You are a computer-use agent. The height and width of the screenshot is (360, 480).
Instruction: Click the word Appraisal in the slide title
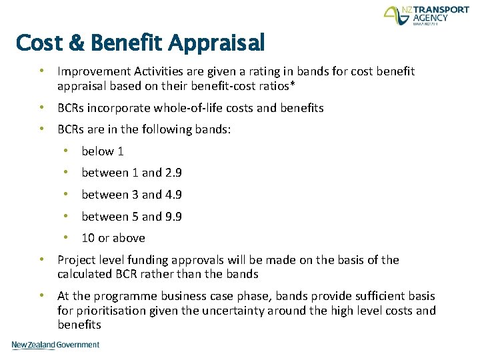click(216, 43)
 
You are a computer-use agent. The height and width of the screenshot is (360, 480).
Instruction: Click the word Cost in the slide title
click(41, 43)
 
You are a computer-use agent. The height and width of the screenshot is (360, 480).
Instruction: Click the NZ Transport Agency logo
click(426, 17)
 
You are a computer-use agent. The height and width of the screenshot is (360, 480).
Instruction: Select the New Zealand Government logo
click(55, 345)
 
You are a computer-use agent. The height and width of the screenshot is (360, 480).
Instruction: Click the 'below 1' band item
click(103, 151)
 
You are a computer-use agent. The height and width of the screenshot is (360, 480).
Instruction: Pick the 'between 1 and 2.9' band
click(131, 173)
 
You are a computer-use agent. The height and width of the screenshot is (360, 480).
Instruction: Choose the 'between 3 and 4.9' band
click(131, 195)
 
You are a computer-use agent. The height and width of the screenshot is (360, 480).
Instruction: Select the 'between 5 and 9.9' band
click(131, 217)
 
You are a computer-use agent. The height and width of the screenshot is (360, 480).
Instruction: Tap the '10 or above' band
click(113, 238)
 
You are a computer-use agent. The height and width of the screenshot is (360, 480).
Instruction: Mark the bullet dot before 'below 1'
click(67, 151)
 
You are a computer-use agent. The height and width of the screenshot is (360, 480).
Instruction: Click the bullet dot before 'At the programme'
click(41, 295)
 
